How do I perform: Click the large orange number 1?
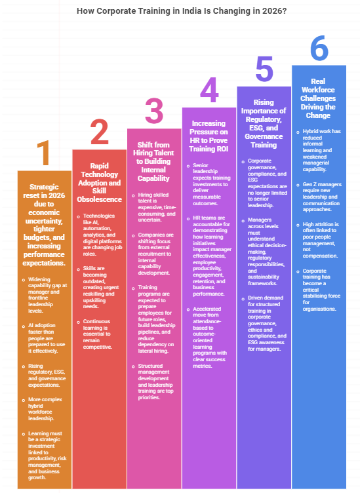click(x=44, y=153)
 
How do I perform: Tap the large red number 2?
click(x=99, y=132)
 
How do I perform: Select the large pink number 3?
click(x=154, y=111)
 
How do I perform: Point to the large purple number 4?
click(x=209, y=90)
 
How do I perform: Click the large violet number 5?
click(x=264, y=69)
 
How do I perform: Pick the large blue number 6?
click(x=319, y=48)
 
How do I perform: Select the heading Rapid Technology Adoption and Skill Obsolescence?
click(x=100, y=182)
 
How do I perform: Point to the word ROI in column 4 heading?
click(x=222, y=149)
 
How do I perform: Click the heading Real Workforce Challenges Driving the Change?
click(x=318, y=98)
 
